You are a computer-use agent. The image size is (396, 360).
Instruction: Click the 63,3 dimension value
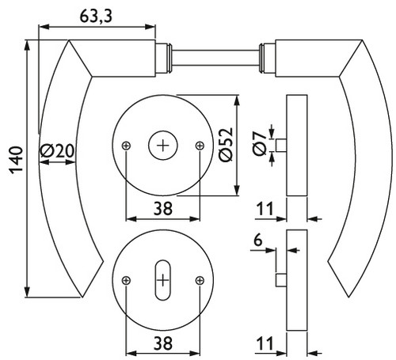pyautogui.click(x=96, y=17)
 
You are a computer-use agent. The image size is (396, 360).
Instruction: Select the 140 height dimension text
pyautogui.click(x=17, y=160)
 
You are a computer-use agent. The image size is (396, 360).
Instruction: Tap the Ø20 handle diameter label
pyautogui.click(x=57, y=151)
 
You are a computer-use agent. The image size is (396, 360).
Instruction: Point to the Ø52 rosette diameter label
pyautogui.click(x=226, y=145)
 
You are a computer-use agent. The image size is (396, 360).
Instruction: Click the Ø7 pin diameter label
pyautogui.click(x=259, y=144)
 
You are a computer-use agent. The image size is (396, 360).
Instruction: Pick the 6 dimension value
pyautogui.click(x=257, y=241)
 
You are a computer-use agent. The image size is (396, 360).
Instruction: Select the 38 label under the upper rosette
pyautogui.click(x=163, y=208)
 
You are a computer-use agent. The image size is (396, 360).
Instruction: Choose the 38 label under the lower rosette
pyautogui.click(x=163, y=343)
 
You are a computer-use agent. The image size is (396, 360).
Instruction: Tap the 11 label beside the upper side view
pyautogui.click(x=265, y=209)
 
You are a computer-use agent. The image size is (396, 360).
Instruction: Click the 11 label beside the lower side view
pyautogui.click(x=265, y=343)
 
